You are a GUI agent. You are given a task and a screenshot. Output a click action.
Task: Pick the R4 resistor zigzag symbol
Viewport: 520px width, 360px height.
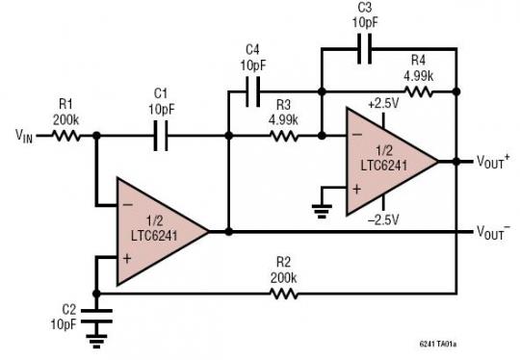coord(419,92)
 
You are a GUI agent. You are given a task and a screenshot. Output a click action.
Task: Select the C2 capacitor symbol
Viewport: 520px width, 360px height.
coord(94,315)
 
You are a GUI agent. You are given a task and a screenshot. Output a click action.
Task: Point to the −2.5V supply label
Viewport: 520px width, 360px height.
coord(383,220)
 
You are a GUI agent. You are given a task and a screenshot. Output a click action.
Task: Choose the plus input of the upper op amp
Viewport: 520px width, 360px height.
coord(355,189)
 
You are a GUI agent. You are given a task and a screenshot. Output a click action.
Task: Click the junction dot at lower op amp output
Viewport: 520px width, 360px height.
coord(228,231)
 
